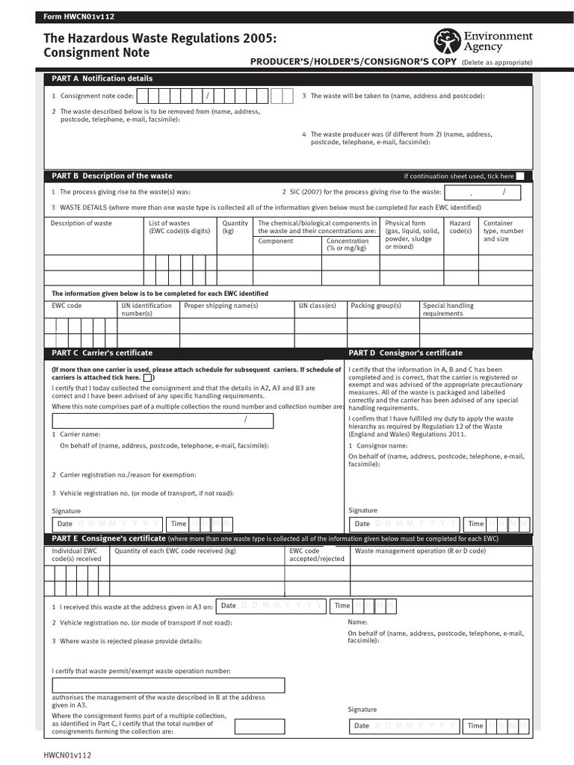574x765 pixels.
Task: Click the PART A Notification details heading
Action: point(102,78)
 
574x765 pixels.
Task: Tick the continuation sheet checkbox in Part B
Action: point(520,176)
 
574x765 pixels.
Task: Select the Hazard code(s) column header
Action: point(460,227)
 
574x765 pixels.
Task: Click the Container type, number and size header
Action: point(504,231)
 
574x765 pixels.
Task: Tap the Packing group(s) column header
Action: point(376,306)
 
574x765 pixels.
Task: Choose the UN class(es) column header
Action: point(317,306)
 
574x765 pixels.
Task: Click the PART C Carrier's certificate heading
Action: point(102,353)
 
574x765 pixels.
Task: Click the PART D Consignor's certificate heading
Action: point(405,353)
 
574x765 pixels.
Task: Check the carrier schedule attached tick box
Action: point(148,378)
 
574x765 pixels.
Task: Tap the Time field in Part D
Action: point(497,524)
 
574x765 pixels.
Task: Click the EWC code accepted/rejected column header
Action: point(317,554)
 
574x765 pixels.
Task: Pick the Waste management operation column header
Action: point(420,551)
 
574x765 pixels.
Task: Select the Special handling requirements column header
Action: point(448,309)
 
